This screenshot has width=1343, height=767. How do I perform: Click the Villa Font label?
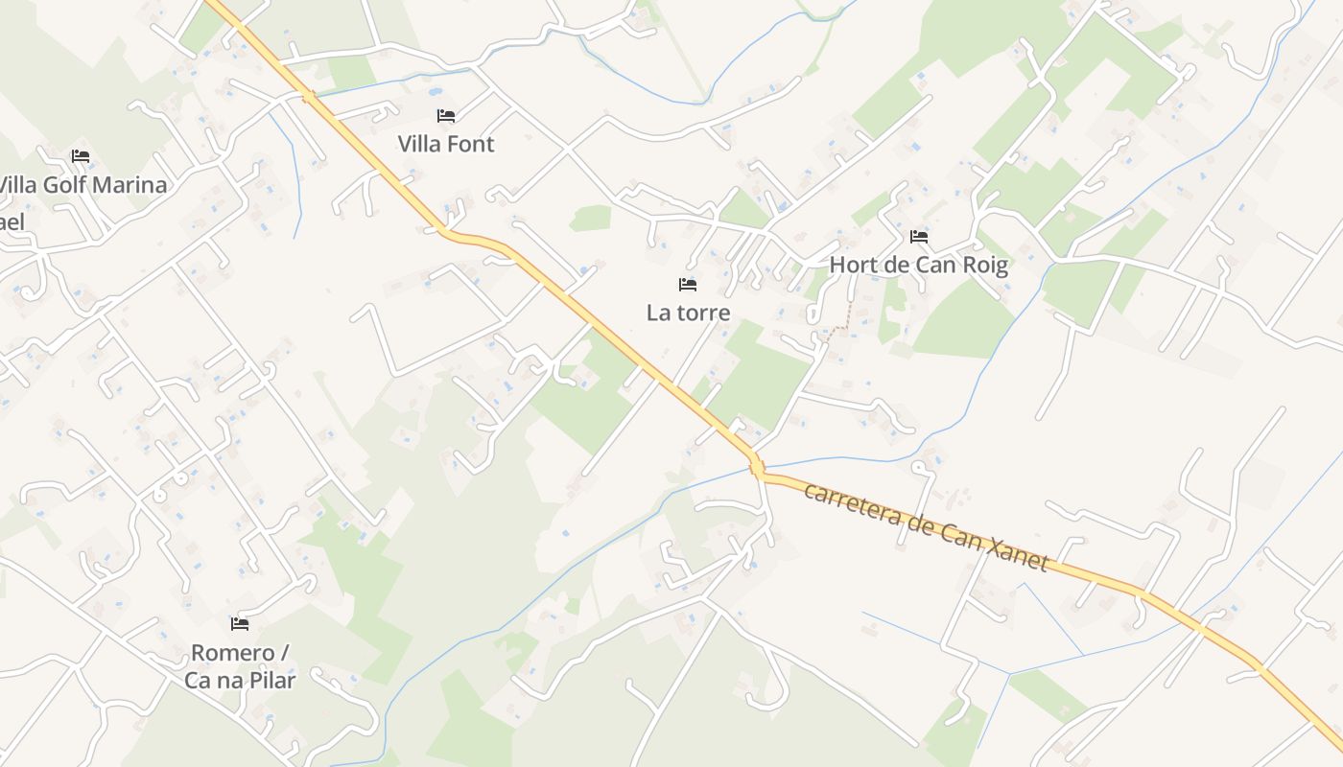446,144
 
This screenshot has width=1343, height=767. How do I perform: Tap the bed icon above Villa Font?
446,116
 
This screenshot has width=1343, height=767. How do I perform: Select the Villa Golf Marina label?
83,185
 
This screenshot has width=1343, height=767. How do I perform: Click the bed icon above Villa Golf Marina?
81,156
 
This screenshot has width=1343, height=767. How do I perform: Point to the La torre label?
688,313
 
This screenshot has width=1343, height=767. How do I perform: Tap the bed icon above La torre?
688,285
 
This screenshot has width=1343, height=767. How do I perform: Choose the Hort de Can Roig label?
918,265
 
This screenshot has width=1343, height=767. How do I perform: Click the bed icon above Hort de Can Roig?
919,237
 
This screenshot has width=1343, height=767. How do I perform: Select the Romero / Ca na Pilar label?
240,666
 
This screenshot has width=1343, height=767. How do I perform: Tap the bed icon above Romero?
240,624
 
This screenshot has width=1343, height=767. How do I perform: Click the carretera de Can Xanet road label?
926,525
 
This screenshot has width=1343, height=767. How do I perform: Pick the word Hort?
852,265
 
